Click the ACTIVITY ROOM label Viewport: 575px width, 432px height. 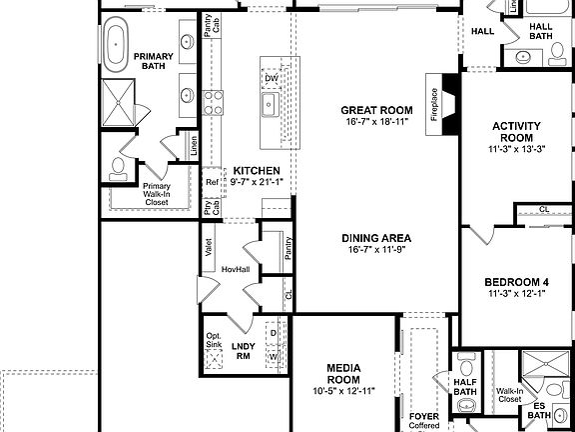(517, 132)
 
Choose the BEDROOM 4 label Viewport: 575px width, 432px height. (517, 282)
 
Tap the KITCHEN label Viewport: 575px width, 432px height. (256, 171)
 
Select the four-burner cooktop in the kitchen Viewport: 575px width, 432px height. (214, 100)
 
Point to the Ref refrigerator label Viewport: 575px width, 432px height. (212, 183)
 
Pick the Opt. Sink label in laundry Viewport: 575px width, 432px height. (214, 341)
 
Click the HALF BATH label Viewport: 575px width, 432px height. (464, 385)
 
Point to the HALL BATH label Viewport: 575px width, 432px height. (540, 31)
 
